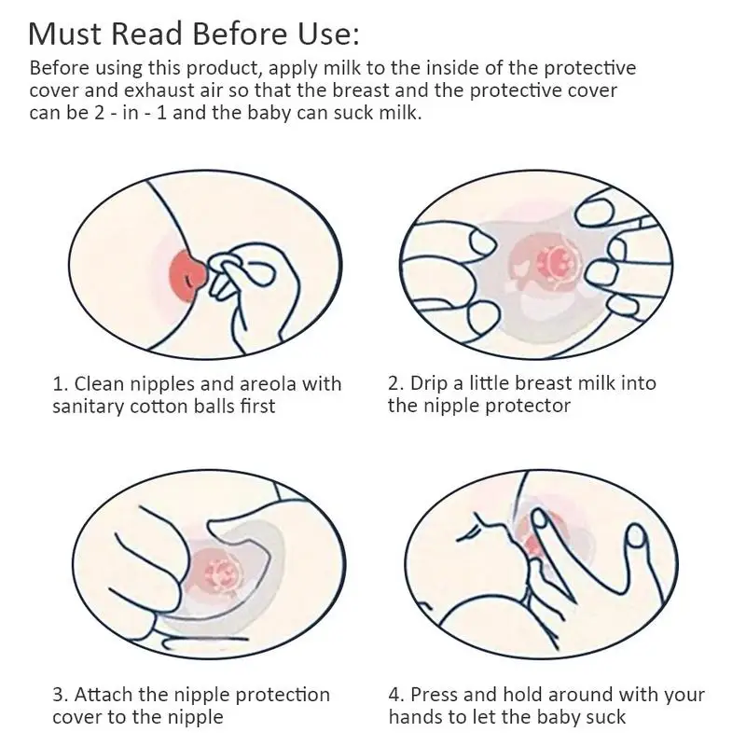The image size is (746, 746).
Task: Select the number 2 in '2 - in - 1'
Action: coord(99,113)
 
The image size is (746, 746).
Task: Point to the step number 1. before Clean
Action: coord(61,383)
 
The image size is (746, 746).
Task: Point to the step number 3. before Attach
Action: coord(61,695)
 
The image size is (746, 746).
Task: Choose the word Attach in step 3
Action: coord(104,695)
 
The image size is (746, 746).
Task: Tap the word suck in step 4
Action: coord(606,717)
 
